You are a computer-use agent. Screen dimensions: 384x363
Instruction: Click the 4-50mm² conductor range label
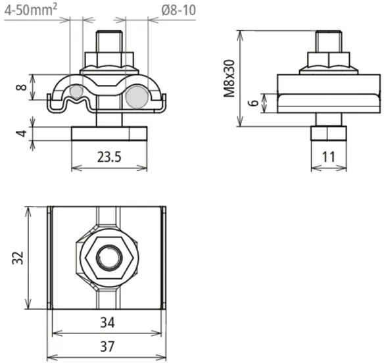tap(31, 10)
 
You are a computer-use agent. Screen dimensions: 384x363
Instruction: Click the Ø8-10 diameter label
tap(179, 11)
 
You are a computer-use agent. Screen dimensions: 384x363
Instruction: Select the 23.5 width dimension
tap(109, 157)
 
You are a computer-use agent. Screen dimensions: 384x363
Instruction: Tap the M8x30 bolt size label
tap(229, 78)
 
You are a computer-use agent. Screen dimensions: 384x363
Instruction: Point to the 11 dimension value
tap(328, 157)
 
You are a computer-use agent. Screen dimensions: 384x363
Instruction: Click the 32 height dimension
tap(18, 258)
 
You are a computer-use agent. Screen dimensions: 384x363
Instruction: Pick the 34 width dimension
tap(107, 323)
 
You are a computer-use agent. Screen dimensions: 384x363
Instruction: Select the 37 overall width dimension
tap(107, 347)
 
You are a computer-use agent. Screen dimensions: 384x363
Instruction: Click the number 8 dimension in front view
tap(22, 87)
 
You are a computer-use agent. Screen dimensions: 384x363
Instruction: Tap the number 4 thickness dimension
tap(22, 133)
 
